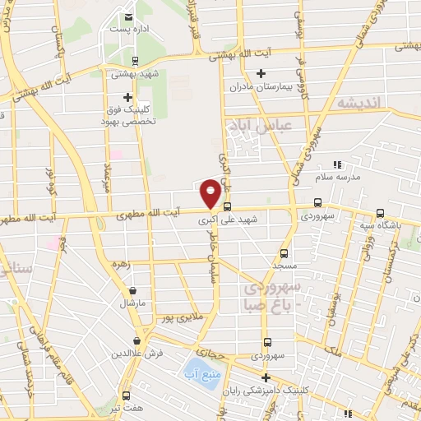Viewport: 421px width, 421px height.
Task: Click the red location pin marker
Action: point(210,193)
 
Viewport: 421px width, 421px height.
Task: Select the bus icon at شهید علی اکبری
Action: point(228,207)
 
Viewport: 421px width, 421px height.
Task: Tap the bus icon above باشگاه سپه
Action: point(379,212)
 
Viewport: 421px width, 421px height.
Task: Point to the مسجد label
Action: point(285,267)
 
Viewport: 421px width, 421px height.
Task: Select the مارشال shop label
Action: point(132,303)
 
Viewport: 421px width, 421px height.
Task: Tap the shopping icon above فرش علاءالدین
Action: point(136,340)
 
